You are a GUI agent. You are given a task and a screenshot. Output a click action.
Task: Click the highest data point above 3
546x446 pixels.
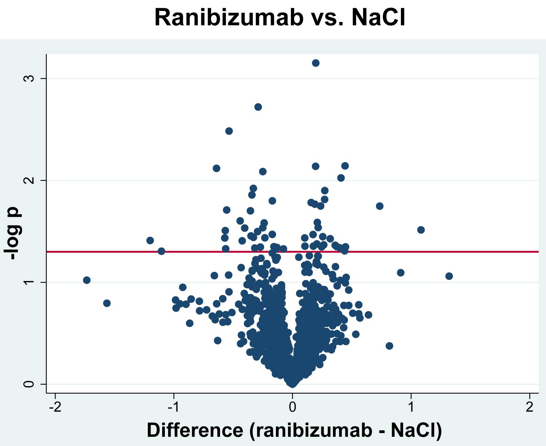(x=316, y=63)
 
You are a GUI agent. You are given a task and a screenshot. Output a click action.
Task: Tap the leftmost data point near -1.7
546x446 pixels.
(x=87, y=280)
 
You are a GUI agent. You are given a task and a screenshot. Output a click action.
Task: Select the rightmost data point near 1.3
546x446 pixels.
(x=449, y=276)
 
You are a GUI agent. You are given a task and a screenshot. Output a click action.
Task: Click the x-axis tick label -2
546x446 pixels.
(x=55, y=407)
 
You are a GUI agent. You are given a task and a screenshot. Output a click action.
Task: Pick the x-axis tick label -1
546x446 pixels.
(x=174, y=407)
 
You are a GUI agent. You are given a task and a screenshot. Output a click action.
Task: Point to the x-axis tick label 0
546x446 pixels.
(x=292, y=407)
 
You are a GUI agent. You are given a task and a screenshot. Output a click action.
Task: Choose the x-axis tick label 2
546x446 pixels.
(x=529, y=407)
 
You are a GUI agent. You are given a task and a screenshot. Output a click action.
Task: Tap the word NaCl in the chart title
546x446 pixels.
(x=378, y=18)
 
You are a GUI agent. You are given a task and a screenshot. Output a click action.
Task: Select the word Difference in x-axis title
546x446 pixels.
(x=195, y=430)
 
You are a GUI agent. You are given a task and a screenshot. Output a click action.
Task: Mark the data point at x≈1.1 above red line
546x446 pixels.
(x=421, y=230)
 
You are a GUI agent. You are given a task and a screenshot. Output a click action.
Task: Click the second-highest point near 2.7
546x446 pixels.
(x=258, y=107)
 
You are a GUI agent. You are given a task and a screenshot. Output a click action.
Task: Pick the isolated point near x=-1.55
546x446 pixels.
(x=107, y=303)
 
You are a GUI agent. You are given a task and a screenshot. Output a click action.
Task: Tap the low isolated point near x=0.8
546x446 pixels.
(x=389, y=346)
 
